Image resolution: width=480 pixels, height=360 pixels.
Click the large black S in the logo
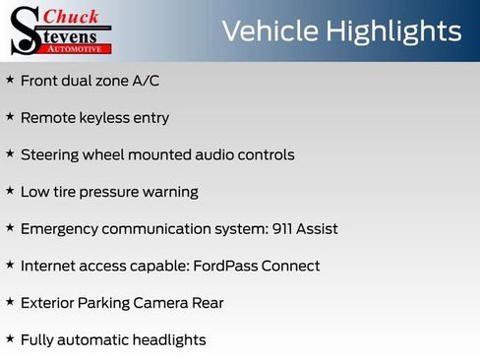click(24, 30)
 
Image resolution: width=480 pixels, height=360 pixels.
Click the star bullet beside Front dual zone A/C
click(10, 80)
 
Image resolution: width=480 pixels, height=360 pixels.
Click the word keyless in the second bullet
click(104, 117)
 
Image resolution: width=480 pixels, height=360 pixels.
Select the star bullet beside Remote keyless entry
click(10, 117)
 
